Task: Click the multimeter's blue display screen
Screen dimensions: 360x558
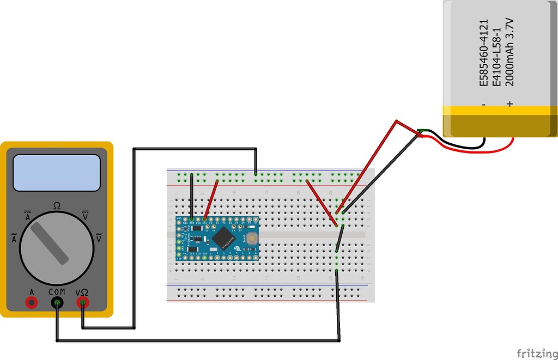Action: coord(57,172)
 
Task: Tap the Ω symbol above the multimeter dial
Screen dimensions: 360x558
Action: coord(57,206)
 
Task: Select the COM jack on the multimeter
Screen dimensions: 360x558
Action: coord(57,302)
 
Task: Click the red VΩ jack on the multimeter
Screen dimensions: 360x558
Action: coord(82,302)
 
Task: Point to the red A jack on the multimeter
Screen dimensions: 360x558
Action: coord(32,302)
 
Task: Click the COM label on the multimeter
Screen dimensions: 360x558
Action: coord(57,292)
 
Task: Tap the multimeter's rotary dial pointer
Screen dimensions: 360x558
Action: coord(50,243)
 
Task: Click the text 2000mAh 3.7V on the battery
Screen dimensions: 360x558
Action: coord(510,52)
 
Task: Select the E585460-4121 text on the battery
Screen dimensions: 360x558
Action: coord(483,52)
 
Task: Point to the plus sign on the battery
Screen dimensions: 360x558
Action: coord(510,103)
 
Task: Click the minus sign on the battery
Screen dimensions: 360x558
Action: coord(483,103)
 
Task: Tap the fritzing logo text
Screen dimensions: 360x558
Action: coord(536,353)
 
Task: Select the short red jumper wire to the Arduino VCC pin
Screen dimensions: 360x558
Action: coord(211,199)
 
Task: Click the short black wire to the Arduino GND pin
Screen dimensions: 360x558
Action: coord(191,197)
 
